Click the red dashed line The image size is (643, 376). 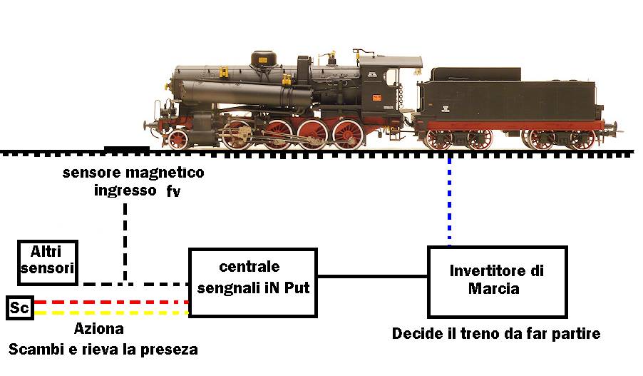click(x=111, y=302)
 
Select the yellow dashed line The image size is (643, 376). click(x=111, y=313)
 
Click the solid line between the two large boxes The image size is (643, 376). click(x=373, y=276)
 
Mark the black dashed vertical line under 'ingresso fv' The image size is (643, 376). click(x=125, y=242)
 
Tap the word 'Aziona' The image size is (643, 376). click(x=99, y=329)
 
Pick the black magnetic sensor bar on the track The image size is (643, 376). click(x=127, y=148)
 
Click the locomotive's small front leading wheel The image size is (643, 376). click(x=178, y=139)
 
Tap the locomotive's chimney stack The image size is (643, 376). click(x=304, y=70)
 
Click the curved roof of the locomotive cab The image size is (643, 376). click(x=391, y=61)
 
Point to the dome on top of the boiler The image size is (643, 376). click(x=263, y=59)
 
